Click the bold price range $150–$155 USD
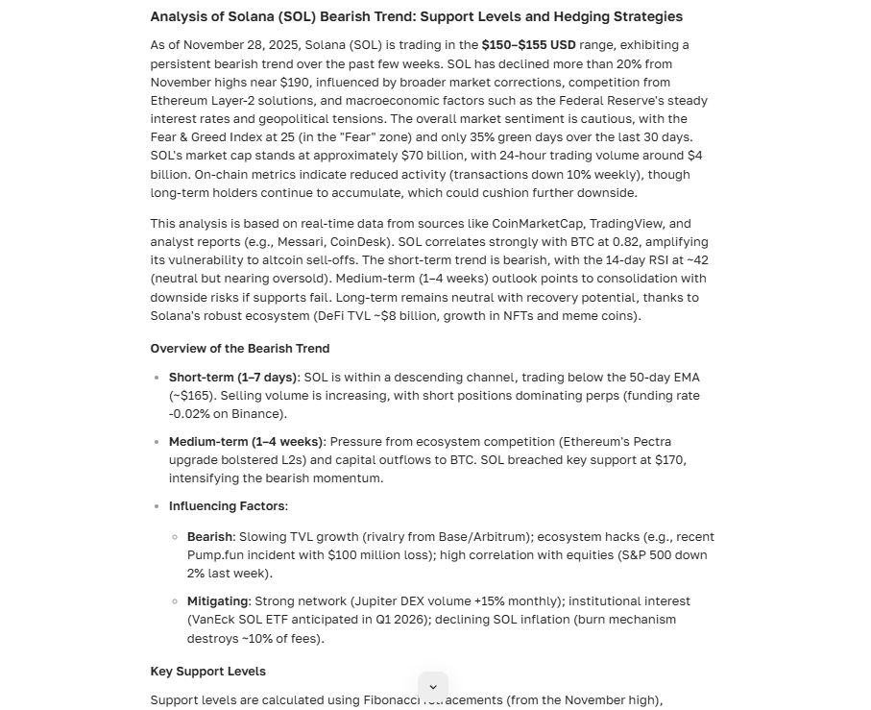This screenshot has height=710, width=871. (528, 45)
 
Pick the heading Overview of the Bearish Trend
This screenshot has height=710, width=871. (239, 349)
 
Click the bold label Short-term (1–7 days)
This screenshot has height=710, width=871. (233, 378)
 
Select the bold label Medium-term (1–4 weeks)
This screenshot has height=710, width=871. (246, 442)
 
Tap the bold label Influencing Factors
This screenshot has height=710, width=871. (227, 506)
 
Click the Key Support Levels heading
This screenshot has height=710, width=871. (207, 672)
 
